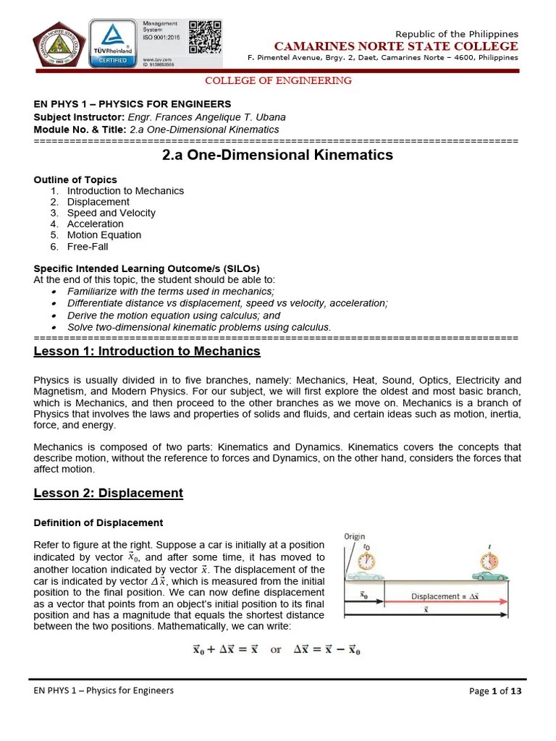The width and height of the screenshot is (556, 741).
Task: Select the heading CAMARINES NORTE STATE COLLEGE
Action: [x=395, y=46]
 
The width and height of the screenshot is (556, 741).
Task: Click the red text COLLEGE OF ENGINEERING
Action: [x=279, y=81]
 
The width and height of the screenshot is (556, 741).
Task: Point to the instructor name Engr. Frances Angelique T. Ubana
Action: [x=204, y=117]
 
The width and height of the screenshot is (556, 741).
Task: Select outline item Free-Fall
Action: [x=88, y=246]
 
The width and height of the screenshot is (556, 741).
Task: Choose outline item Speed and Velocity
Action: [x=111, y=213]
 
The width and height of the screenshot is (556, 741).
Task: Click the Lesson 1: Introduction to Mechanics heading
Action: [x=147, y=352]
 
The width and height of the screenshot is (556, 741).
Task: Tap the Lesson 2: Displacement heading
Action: [x=109, y=494]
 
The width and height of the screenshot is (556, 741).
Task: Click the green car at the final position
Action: [x=489, y=575]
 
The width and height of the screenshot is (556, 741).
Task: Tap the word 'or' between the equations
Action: [x=276, y=650]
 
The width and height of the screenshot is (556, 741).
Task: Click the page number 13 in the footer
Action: [x=515, y=691]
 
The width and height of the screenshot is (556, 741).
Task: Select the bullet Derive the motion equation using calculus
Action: [x=174, y=316]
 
